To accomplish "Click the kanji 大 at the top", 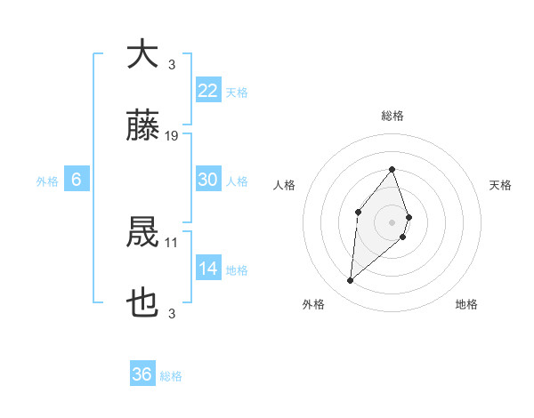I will coord(142,54).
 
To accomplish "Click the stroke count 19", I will coord(172,136).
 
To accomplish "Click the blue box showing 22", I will coord(208,91).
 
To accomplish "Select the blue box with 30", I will coord(208,180).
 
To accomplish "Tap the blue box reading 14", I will coord(208,269).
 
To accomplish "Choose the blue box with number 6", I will coord(77,180).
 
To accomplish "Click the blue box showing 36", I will coord(142,374).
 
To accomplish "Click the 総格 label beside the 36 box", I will coord(171,376).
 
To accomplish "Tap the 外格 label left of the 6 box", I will coord(47,181).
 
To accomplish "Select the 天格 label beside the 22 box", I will coord(237,92).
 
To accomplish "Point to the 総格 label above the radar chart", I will coord(392,116).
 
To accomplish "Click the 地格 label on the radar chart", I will coord(466,305).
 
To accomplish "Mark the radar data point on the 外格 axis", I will coord(351,281).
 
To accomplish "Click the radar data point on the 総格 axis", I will coord(392,169).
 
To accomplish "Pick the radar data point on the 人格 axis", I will coord(358,211).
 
